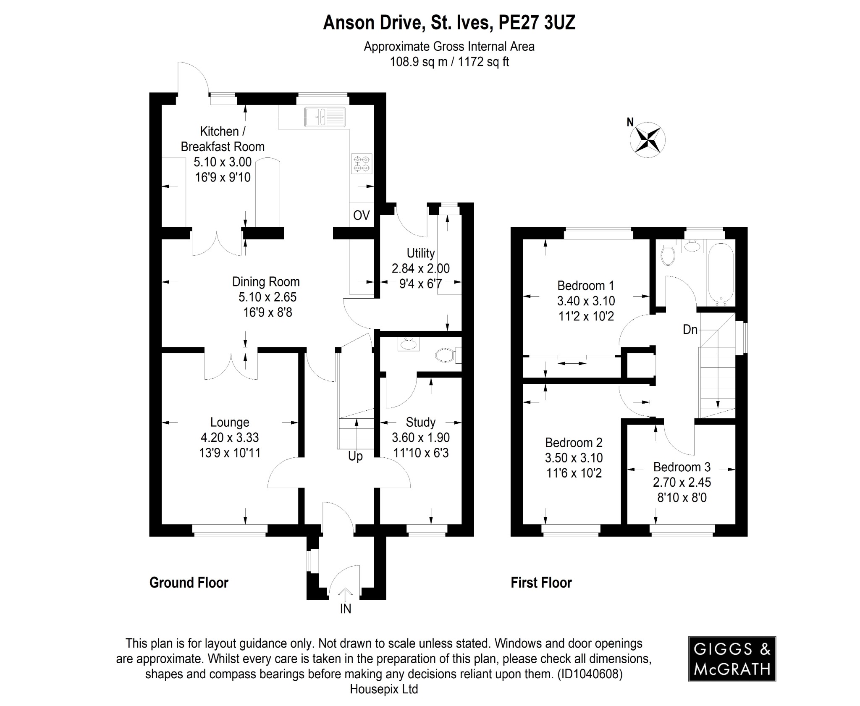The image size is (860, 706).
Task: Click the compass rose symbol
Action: click(x=648, y=140)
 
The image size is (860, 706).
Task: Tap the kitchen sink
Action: click(x=325, y=116)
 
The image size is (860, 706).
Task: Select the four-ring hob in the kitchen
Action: click(x=362, y=164)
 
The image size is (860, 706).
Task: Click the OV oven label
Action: click(x=361, y=215)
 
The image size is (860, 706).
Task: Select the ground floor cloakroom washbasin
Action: click(x=408, y=344)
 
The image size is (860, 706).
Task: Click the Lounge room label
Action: click(x=230, y=422)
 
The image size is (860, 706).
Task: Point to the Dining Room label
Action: click(x=266, y=281)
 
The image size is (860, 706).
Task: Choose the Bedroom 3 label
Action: click(x=682, y=467)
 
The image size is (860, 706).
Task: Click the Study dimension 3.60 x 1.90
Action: click(x=420, y=437)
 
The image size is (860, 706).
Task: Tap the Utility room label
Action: click(x=420, y=253)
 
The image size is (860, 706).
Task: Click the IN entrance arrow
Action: click(x=345, y=596)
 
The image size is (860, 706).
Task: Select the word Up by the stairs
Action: click(x=355, y=456)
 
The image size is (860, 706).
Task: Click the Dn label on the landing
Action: click(x=690, y=330)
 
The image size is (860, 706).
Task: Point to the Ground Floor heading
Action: click(x=189, y=583)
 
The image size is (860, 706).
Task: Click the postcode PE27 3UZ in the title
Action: click(x=536, y=23)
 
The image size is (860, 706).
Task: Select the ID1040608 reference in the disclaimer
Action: click(x=590, y=674)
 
